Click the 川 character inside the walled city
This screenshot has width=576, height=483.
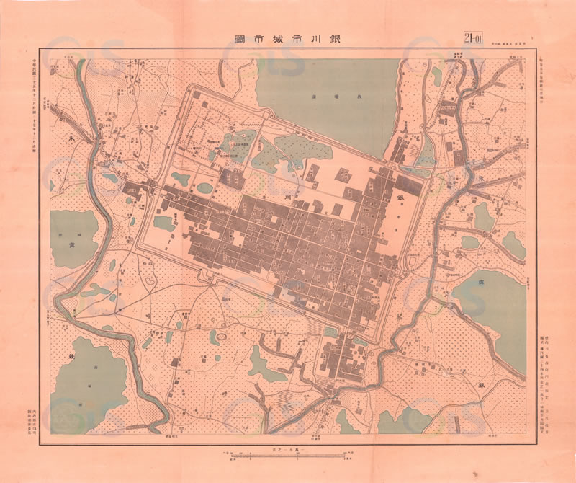point(287,195)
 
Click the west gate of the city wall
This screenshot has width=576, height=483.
point(154,186)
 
